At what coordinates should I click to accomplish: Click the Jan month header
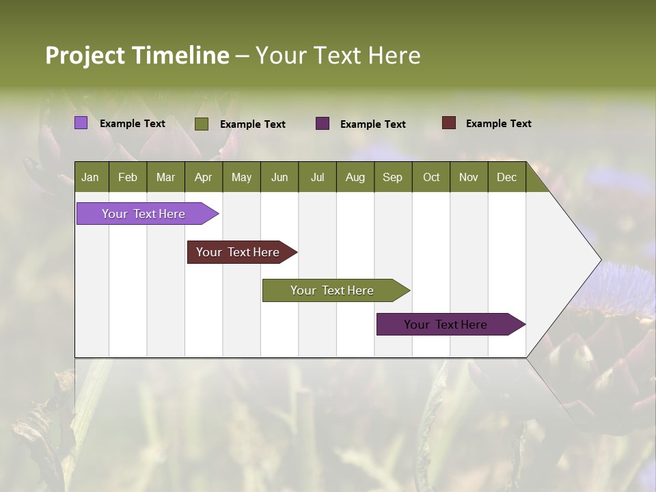pyautogui.click(x=90, y=177)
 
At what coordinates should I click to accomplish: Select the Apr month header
pyautogui.click(x=203, y=177)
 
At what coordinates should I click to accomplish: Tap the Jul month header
pyautogui.click(x=317, y=177)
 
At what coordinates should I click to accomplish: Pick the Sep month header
pyautogui.click(x=392, y=177)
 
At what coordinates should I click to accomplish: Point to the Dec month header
pyautogui.click(x=506, y=177)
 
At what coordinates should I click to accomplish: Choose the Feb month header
pyautogui.click(x=128, y=177)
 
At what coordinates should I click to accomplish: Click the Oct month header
pyautogui.click(x=431, y=177)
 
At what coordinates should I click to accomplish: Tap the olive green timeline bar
pyautogui.click(x=333, y=290)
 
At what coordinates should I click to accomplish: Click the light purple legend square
pyautogui.click(x=81, y=123)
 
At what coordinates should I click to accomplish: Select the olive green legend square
pyautogui.click(x=202, y=124)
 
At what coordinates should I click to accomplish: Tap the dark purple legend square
pyautogui.click(x=323, y=124)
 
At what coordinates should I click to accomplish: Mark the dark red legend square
pyautogui.click(x=448, y=123)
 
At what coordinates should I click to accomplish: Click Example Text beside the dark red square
pyautogui.click(x=498, y=124)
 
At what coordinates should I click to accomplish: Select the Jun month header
pyautogui.click(x=279, y=177)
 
